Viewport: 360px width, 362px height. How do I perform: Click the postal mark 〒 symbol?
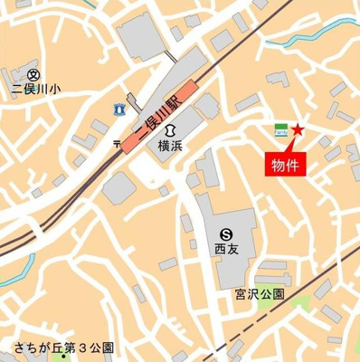pyautogui.click(x=115, y=143)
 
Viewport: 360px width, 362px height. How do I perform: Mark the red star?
pyautogui.click(x=298, y=133)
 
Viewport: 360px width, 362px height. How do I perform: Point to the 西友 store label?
pyautogui.click(x=224, y=245)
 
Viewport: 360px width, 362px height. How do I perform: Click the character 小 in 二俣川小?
pyautogui.click(x=56, y=90)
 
